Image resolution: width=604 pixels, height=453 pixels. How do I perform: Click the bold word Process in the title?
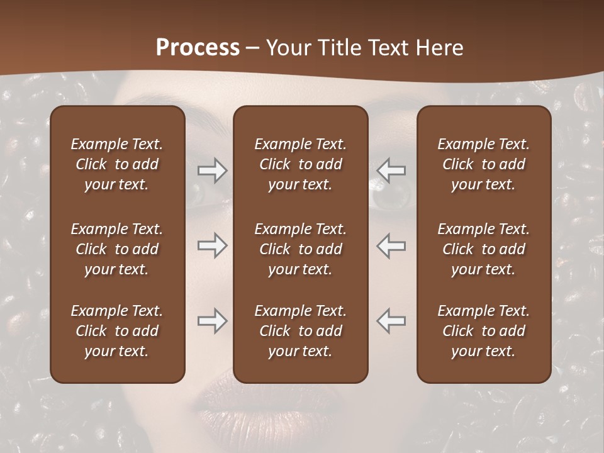(x=198, y=48)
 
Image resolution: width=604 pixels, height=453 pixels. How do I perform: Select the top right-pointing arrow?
(x=212, y=171)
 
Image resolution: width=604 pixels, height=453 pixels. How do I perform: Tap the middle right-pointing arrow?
(x=212, y=245)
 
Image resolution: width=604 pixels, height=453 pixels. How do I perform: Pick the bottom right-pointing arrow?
(x=212, y=321)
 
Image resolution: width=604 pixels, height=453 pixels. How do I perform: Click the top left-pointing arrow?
(x=391, y=171)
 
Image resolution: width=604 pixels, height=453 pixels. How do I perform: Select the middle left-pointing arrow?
(x=391, y=245)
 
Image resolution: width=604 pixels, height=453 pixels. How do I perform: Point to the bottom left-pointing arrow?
(x=391, y=321)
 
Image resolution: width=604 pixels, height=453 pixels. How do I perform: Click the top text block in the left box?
(x=117, y=164)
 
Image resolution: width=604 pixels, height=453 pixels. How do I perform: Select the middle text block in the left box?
(x=117, y=249)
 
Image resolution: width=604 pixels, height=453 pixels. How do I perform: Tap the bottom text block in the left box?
(x=117, y=331)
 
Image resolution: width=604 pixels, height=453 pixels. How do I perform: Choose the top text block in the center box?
(x=300, y=164)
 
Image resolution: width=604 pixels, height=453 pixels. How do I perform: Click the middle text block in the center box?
(x=300, y=249)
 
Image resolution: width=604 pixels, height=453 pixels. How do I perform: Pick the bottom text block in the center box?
(x=300, y=331)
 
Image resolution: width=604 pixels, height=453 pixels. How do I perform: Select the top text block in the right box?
(x=483, y=164)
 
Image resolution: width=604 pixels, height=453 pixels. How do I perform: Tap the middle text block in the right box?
(x=483, y=249)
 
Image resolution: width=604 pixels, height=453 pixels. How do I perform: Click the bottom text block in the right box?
(x=483, y=331)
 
